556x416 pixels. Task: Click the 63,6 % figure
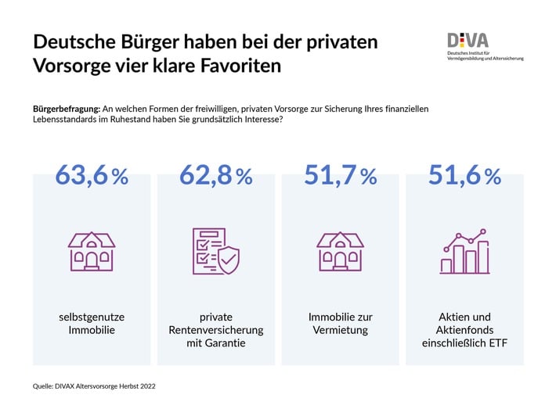coord(92,176)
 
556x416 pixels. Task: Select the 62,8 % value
coord(216,176)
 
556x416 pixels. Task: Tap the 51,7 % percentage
coord(341,176)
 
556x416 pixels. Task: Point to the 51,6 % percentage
coord(464,176)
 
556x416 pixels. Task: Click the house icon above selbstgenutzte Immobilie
coord(92,251)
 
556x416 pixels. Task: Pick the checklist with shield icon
coord(215,251)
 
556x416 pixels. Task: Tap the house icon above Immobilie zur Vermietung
coord(340,251)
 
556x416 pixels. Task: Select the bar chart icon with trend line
coord(464,251)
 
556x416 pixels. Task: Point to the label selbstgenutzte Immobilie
coord(92,323)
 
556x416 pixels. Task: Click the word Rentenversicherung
coord(216,330)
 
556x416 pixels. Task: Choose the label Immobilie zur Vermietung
coord(340,323)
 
